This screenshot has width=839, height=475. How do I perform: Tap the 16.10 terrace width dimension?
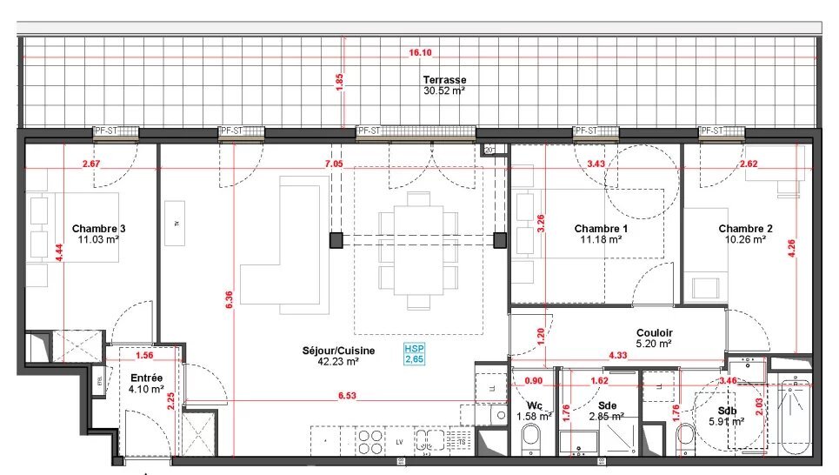tap(420, 53)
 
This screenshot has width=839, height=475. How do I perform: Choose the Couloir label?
tap(654, 332)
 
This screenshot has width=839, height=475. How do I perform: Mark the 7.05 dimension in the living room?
tap(334, 164)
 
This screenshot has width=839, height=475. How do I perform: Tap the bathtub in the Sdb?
tap(795, 417)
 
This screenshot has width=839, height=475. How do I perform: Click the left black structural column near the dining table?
tap(336, 239)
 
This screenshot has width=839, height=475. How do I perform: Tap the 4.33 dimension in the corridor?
tap(619, 355)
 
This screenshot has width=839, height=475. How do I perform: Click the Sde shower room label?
tap(607, 405)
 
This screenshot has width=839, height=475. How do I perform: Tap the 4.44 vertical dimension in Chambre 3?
tap(59, 253)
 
